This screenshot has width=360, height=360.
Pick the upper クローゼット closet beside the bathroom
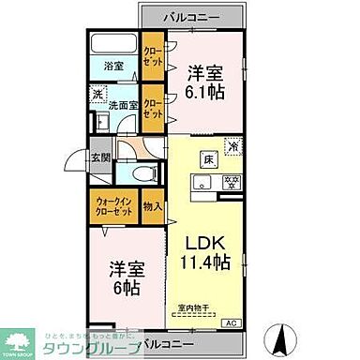152,56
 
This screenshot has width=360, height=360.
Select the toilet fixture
138,176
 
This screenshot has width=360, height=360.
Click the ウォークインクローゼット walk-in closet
113,205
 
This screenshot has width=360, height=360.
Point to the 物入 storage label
154,206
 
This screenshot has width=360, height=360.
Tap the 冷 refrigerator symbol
232,144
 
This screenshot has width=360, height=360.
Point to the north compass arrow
278,335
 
